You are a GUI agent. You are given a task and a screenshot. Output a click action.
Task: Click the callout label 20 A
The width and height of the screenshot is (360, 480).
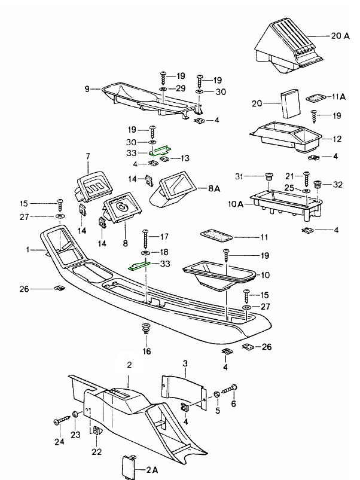pos(340,36)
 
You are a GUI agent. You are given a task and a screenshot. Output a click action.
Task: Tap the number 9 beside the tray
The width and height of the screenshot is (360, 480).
pos(87,89)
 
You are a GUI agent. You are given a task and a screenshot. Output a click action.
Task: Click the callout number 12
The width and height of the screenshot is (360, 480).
pos(337,139)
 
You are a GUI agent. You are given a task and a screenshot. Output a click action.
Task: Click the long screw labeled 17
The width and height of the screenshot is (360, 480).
pos(145,239)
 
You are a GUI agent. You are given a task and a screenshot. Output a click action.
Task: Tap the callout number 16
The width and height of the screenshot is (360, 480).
pos(147,351)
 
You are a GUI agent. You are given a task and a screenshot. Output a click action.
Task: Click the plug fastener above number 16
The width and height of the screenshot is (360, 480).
pos(145,329)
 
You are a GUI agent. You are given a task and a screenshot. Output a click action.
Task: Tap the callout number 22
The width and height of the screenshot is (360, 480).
pos(97,451)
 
